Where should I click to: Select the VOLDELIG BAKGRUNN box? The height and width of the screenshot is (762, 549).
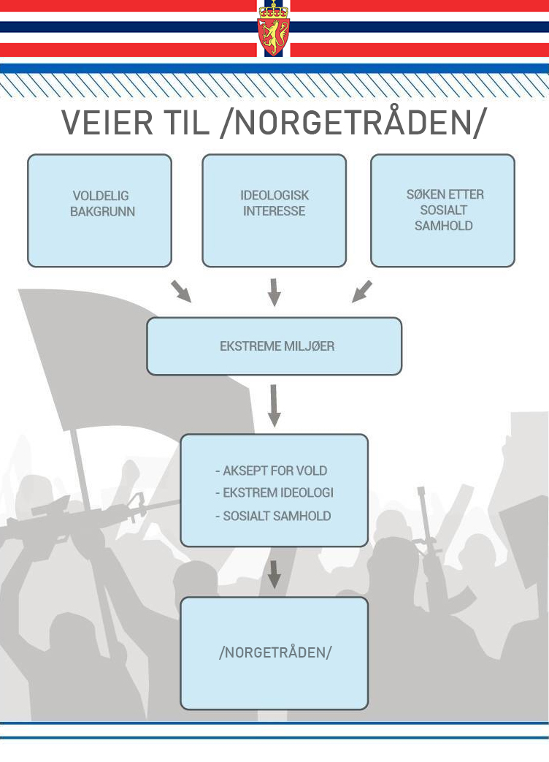[x=100, y=210]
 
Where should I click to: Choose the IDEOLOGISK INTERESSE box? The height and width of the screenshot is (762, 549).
[x=274, y=210]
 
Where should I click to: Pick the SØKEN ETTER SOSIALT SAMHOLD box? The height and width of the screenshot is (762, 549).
[x=443, y=210]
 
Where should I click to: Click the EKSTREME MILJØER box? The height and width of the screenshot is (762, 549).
[x=274, y=346]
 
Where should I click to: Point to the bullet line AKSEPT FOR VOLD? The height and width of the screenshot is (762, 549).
[x=272, y=470]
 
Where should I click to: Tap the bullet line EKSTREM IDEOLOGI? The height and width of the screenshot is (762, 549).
[x=274, y=492]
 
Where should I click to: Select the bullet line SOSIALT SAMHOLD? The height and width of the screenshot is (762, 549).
[x=273, y=516]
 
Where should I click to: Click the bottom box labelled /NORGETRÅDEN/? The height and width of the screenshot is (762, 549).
[x=274, y=652]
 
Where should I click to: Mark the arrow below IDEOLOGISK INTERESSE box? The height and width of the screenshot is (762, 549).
[x=274, y=292]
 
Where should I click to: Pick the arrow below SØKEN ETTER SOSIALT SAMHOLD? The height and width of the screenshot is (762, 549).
[x=362, y=291]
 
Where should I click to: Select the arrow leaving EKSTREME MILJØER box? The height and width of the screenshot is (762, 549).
[x=274, y=405]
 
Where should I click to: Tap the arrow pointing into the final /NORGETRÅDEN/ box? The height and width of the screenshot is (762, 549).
[x=274, y=574]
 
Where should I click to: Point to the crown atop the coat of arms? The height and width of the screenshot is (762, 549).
[x=274, y=9]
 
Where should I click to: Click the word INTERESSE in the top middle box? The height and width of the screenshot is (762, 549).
[x=274, y=211]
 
